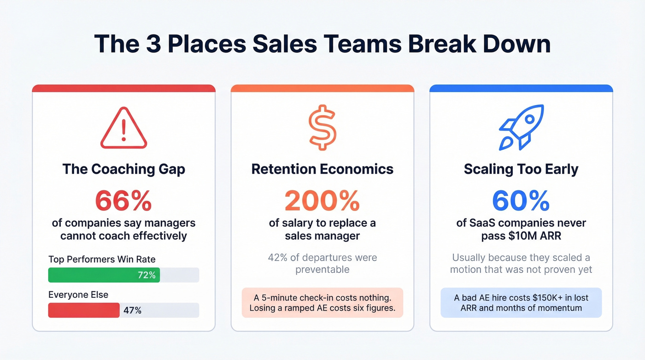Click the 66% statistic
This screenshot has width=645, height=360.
pyautogui.click(x=123, y=201)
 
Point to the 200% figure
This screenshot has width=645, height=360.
pyautogui.click(x=322, y=201)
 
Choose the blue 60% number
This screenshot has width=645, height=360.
pyautogui.click(x=521, y=201)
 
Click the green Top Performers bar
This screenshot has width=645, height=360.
pyautogui.click(x=104, y=275)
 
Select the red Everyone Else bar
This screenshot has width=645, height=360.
pyautogui.click(x=83, y=310)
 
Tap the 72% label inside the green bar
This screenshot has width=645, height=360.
pyautogui.click(x=147, y=276)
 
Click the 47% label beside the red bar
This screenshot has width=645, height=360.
pyautogui.click(x=132, y=311)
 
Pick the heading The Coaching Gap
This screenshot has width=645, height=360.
pyautogui.click(x=123, y=169)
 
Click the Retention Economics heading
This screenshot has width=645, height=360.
pyautogui.click(x=322, y=169)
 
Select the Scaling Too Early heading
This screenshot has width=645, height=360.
pyautogui.click(x=521, y=169)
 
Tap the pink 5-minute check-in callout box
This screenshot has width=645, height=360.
pyautogui.click(x=322, y=302)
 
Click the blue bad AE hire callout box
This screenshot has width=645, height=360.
pyautogui.click(x=521, y=302)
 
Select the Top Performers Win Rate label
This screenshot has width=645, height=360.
pyautogui.click(x=102, y=260)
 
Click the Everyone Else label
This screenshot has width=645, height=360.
pyautogui.click(x=78, y=295)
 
